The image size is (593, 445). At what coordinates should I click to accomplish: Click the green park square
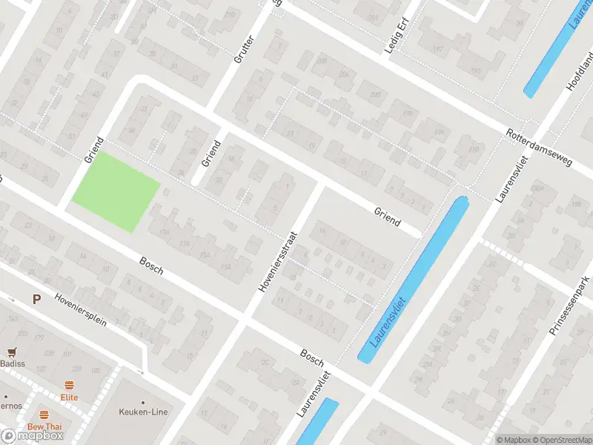[x=116, y=191]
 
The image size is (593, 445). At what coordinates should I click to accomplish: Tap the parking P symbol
[x=36, y=299]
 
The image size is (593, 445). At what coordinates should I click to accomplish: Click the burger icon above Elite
[x=70, y=385]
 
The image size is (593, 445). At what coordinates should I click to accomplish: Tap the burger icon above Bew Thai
[x=44, y=415]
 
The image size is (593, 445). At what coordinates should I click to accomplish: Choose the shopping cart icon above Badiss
[x=12, y=352]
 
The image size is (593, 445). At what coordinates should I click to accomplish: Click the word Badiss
[x=12, y=363]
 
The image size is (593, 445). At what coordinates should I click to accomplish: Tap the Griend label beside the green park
[x=93, y=150]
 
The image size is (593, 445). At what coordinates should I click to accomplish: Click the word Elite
[x=70, y=397]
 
